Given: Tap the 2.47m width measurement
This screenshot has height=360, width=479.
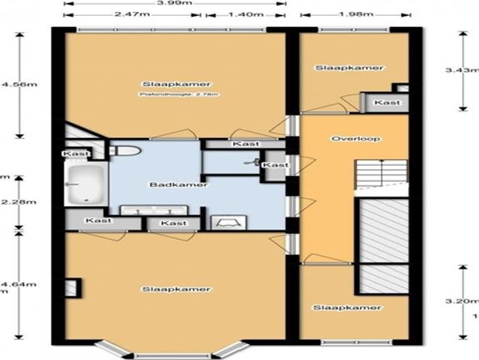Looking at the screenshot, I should tap(131, 15).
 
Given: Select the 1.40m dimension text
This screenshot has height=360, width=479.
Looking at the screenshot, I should tap(244, 15).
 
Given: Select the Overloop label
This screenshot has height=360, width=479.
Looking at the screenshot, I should tap(346, 139).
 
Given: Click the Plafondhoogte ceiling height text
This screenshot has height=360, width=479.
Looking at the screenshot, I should tap(173, 95).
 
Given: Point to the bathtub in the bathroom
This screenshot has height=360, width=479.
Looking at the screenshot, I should tap(85, 184).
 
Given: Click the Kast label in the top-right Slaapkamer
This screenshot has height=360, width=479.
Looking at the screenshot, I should tap(387, 102).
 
